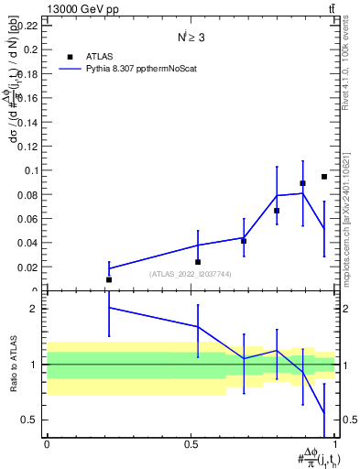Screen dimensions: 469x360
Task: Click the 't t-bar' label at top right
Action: point(330,7)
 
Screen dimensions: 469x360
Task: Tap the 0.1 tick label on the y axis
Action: point(32,170)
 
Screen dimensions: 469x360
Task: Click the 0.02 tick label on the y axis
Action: point(29,267)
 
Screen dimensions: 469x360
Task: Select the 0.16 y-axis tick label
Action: point(29,98)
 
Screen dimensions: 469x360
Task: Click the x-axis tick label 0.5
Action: point(191,444)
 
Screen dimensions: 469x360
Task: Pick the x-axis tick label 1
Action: point(335,444)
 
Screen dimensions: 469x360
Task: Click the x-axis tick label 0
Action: point(47,444)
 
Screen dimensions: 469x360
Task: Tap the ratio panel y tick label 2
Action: point(34,309)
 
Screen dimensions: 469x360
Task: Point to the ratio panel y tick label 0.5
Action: point(30,420)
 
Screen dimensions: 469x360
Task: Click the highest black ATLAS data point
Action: point(324,177)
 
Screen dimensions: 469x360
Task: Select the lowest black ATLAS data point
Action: point(109,279)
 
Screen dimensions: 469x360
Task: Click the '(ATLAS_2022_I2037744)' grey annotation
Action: point(191,274)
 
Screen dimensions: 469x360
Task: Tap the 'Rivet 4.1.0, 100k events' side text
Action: point(346,64)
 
